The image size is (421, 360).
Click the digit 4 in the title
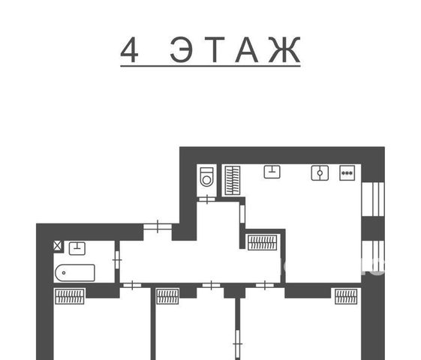coord(129,49)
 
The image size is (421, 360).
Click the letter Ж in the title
coord(284,49)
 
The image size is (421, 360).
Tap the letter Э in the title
coord(181,49)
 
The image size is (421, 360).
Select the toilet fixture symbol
coord(206,176)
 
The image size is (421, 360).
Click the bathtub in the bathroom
coord(75,273)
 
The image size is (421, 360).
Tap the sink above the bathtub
coord(77,248)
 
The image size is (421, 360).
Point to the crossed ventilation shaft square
coord(58,246)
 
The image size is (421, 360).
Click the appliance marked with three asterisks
coord(347,173)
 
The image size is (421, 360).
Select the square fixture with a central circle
coord(320,173)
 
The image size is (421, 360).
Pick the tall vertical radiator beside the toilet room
coord(233,180)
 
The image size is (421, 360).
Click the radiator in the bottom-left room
coord(70,296)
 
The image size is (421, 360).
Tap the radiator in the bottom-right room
coord(346,296)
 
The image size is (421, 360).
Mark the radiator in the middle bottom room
coord(167,296)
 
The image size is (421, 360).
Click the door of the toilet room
coord(207,199)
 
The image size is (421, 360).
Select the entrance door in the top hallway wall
coord(158,226)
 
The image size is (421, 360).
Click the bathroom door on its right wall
coord(117,259)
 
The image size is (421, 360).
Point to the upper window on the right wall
coord(373,199)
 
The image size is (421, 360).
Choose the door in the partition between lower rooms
coord(237,343)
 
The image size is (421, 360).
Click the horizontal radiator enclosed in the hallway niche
coord(263,242)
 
